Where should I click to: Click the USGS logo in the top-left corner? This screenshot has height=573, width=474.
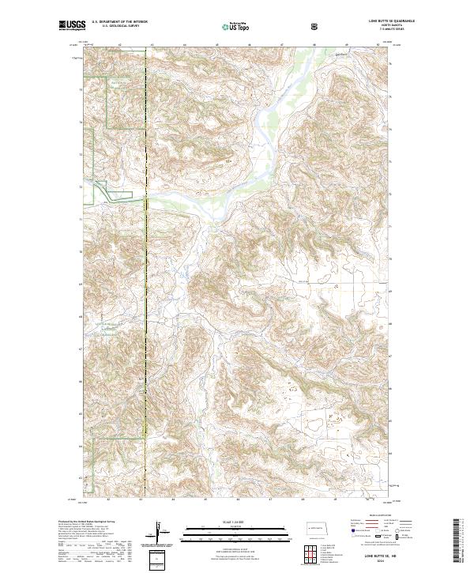tap(70, 25)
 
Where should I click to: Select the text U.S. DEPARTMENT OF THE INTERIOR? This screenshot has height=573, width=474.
tap(120, 21)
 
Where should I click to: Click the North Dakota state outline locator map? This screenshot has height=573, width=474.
tap(314, 527)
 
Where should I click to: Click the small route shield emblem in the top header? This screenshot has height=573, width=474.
tap(315, 25)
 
